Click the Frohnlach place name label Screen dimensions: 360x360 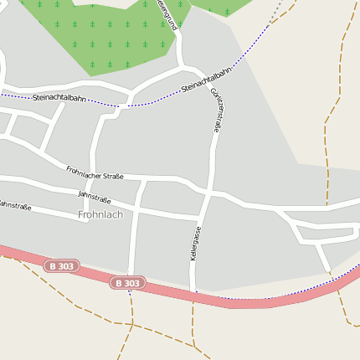[100, 215]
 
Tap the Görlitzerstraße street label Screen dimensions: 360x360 [216, 111]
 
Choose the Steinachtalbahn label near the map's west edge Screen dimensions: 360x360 [59, 98]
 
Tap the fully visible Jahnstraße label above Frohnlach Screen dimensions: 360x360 [94, 198]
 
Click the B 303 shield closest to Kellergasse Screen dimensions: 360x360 [127, 283]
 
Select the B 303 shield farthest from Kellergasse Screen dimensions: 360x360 [60, 266]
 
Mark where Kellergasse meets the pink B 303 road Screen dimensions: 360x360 [193, 293]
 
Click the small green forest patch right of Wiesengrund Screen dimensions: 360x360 [222, 8]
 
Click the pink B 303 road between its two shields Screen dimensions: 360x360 [92, 274]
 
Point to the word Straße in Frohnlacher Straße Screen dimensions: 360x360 [112, 176]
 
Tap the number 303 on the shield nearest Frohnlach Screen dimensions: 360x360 [65, 266]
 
